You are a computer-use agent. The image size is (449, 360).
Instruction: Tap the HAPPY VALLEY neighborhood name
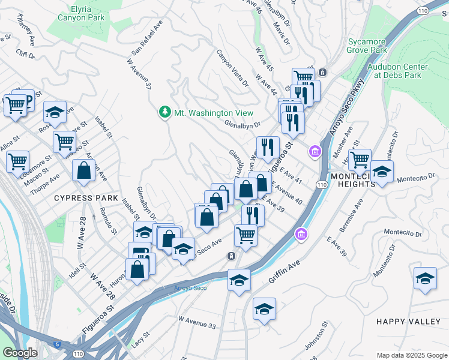pyautogui.click(x=408, y=322)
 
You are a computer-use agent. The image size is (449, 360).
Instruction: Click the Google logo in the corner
pyautogui.click(x=20, y=353)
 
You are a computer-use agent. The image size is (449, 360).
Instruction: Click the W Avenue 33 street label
pyautogui.click(x=196, y=325)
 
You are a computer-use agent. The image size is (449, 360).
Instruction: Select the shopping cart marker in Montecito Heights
pyautogui.click(x=360, y=160)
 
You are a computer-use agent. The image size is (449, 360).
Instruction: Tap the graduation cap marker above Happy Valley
pyautogui.click(x=425, y=278)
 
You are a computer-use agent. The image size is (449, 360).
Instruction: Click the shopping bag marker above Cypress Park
pyautogui.click(x=83, y=170)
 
